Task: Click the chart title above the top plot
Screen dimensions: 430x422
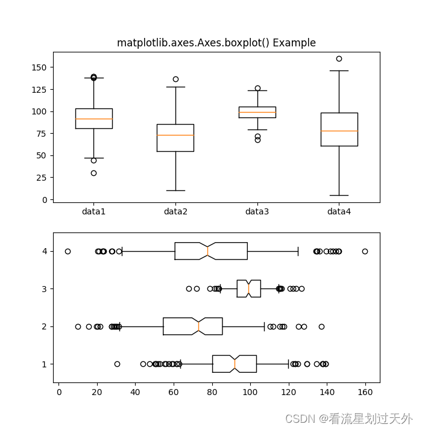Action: tap(216, 43)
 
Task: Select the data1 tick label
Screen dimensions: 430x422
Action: tap(93, 211)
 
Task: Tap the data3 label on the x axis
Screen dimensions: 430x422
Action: tap(257, 211)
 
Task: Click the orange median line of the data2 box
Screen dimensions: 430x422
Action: tap(175, 135)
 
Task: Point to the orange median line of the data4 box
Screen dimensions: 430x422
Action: tap(339, 131)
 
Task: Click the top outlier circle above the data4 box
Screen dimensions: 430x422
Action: tap(339, 58)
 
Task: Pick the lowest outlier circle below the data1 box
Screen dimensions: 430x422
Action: tap(93, 173)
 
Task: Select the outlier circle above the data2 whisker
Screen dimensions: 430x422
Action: tap(175, 79)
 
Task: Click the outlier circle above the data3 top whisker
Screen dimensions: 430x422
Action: tap(257, 88)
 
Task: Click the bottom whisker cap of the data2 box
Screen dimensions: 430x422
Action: tap(175, 190)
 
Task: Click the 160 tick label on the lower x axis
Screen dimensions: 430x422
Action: tap(365, 391)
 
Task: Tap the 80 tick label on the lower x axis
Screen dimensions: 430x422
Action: tap(212, 391)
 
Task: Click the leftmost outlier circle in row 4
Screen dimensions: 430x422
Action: tap(68, 251)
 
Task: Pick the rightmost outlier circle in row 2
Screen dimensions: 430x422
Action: tap(321, 326)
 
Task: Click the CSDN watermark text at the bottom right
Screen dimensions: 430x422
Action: tap(348, 419)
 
